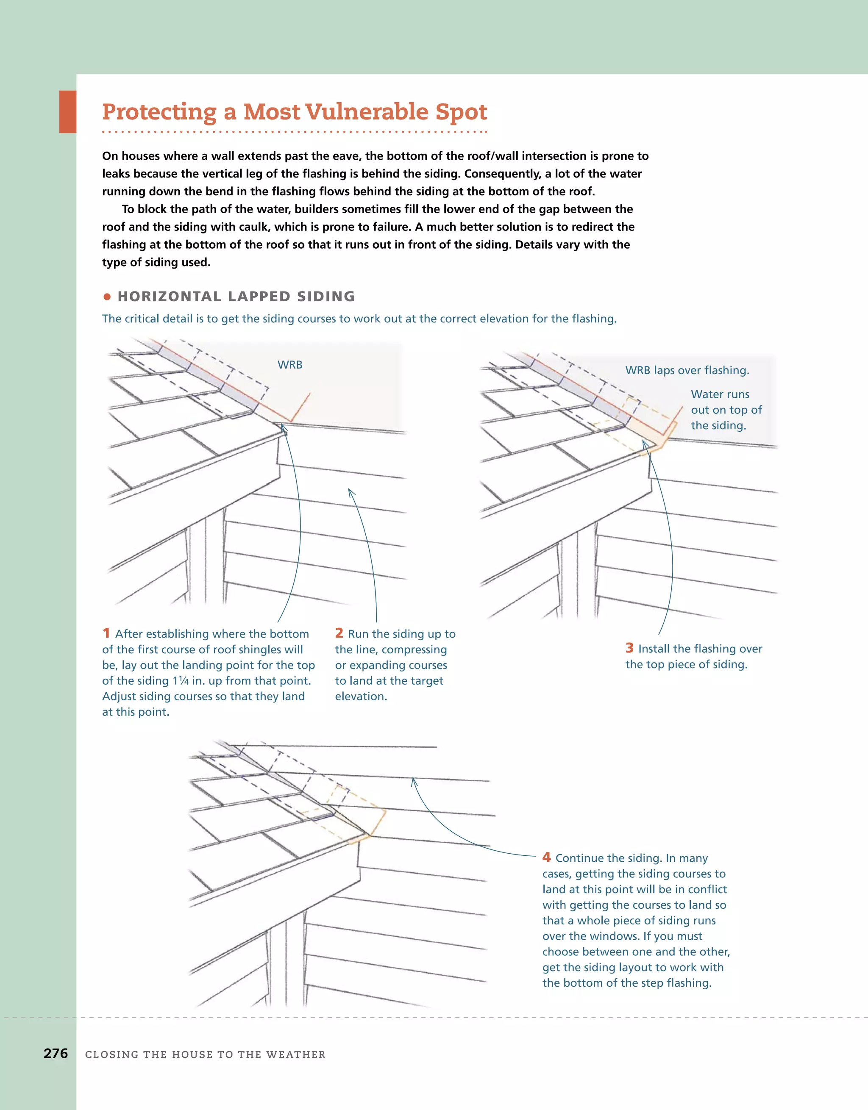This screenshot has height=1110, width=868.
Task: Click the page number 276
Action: click(x=56, y=1053)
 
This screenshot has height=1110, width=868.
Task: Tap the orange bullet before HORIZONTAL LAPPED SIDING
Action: click(x=107, y=296)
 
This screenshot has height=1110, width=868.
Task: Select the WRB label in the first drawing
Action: click(x=290, y=365)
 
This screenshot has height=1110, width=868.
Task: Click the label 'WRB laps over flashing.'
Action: click(x=687, y=371)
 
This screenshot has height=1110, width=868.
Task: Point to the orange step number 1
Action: click(x=106, y=633)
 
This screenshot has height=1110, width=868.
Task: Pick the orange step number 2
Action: click(x=339, y=633)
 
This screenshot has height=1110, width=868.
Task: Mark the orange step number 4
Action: click(x=547, y=857)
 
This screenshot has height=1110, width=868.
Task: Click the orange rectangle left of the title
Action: click(x=68, y=112)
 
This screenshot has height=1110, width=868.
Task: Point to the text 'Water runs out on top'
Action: click(x=726, y=402)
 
